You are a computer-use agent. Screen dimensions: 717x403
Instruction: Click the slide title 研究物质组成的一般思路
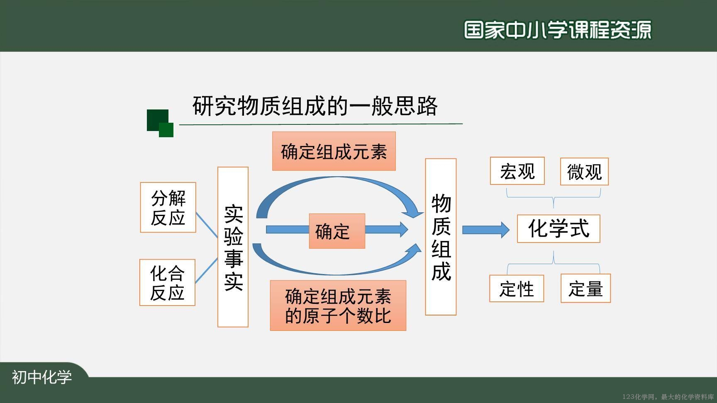pyautogui.click(x=315, y=106)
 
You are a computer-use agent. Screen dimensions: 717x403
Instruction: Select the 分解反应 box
pyautogui.click(x=168, y=207)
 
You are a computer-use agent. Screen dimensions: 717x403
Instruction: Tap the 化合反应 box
pyautogui.click(x=167, y=282)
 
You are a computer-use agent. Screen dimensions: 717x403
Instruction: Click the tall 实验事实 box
pyautogui.click(x=233, y=247)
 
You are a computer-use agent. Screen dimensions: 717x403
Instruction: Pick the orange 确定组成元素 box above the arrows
pyautogui.click(x=334, y=151)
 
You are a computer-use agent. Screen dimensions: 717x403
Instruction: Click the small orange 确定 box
pyautogui.click(x=337, y=231)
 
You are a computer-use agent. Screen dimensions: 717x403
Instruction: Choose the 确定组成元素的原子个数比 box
pyautogui.click(x=338, y=306)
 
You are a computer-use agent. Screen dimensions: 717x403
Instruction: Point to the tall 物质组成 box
pyautogui.click(x=441, y=237)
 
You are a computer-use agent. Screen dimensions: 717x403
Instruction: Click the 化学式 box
pyautogui.click(x=558, y=228)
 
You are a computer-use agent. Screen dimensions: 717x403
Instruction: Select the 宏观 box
pyautogui.click(x=517, y=171)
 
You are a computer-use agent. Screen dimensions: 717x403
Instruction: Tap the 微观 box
pyautogui.click(x=584, y=171)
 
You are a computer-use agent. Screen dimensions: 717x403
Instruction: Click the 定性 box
pyautogui.click(x=517, y=288)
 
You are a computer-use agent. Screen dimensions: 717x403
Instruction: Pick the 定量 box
pyautogui.click(x=585, y=288)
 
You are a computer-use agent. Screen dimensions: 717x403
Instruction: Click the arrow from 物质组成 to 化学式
pyautogui.click(x=486, y=230)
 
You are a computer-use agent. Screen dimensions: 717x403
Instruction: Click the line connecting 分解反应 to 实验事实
pyautogui.click(x=207, y=225)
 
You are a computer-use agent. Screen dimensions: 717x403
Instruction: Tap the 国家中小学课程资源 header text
pyautogui.click(x=558, y=29)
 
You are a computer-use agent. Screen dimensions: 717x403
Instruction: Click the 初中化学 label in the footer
pyautogui.click(x=42, y=377)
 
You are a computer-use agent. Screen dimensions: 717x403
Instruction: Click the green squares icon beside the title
pyautogui.click(x=160, y=123)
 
